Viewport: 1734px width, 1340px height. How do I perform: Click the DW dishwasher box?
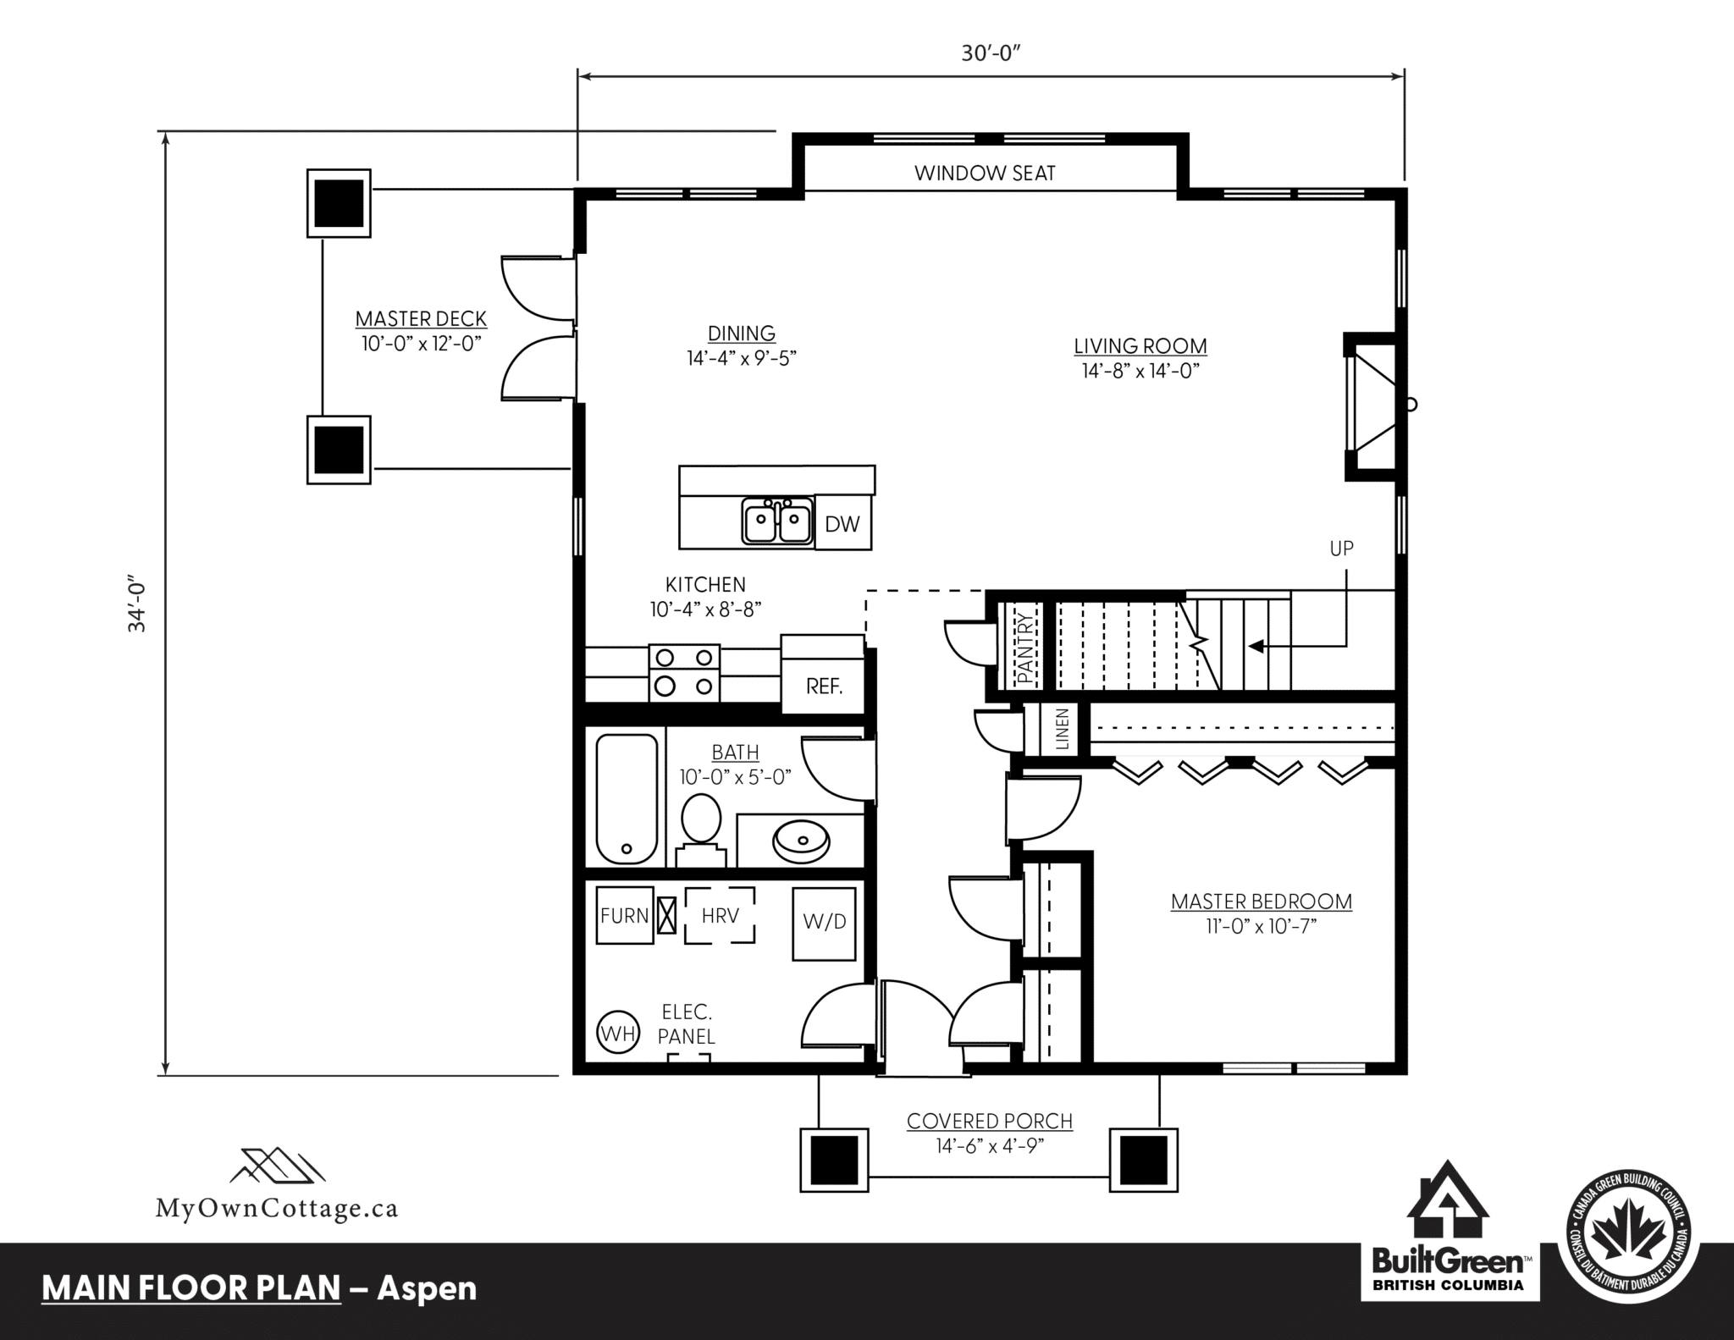[843, 522]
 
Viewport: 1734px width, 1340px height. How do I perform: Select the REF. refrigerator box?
[823, 674]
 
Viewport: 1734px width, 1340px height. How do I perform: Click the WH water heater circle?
[618, 1033]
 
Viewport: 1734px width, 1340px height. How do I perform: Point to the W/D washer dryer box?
[825, 923]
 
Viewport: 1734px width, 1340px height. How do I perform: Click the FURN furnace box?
[625, 915]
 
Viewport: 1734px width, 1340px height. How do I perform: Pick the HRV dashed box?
[720, 915]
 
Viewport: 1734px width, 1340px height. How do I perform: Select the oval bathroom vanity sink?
[801, 841]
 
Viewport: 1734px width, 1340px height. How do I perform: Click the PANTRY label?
[1026, 648]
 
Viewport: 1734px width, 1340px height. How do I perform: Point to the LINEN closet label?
[1062, 730]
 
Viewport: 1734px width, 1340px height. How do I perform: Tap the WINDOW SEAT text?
[985, 174]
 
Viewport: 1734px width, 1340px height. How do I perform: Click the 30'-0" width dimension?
[991, 53]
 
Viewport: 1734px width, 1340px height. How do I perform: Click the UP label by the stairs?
[1342, 549]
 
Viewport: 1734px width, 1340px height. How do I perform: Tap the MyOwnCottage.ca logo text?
[277, 1208]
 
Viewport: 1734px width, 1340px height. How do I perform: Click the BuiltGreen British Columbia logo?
[1449, 1237]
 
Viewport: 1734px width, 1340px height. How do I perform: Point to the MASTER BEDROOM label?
[1262, 902]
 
